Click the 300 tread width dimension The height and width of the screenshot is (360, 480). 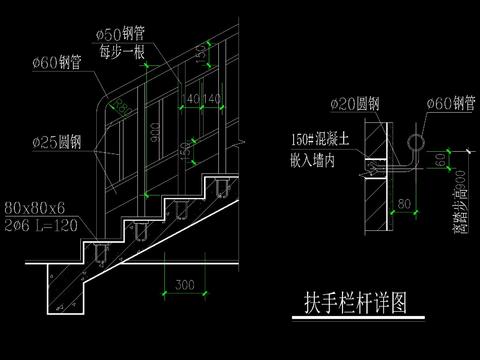[x=184, y=285]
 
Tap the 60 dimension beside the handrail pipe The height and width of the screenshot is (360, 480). [x=442, y=159]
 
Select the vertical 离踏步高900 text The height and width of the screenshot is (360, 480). [x=460, y=200]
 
